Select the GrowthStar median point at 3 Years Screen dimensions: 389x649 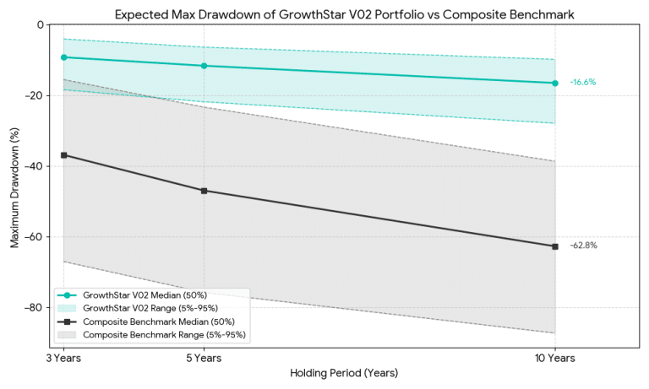pyautogui.click(x=63, y=57)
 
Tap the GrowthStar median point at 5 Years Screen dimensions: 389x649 pyautogui.click(x=204, y=66)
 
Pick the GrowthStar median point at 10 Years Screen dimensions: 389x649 pyautogui.click(x=555, y=83)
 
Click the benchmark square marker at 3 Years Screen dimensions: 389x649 pyautogui.click(x=63, y=155)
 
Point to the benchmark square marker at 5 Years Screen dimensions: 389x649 pyautogui.click(x=204, y=191)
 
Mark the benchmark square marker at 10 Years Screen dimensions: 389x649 pyautogui.click(x=555, y=246)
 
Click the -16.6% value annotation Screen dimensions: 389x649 pyautogui.click(x=583, y=83)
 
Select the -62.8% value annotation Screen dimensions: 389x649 pyautogui.click(x=583, y=246)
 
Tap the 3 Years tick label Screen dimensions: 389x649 pyautogui.click(x=63, y=358)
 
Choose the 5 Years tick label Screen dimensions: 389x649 pyautogui.click(x=204, y=358)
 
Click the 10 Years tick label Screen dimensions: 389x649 pyautogui.click(x=555, y=358)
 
